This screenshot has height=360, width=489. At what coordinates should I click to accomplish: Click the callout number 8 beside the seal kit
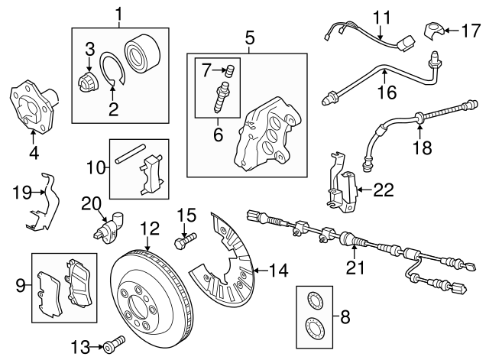(x=345, y=314)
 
